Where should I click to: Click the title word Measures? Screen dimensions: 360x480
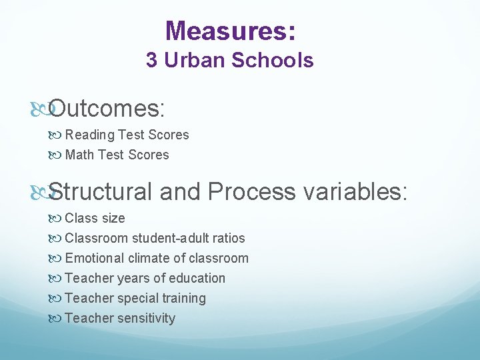pos(230,31)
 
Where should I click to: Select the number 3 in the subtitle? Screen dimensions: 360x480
pos(151,61)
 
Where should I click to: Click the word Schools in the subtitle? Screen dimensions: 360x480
pos(272,61)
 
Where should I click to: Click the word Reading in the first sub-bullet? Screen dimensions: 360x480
pos(90,135)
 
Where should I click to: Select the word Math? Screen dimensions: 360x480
pos(80,155)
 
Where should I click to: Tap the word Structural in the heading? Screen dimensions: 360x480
pos(101,192)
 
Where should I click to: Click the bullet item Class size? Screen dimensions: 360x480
pos(95,219)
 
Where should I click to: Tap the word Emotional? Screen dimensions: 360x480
pos(95,259)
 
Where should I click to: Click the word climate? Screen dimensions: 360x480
pos(148,259)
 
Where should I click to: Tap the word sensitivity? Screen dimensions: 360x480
pos(147,319)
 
